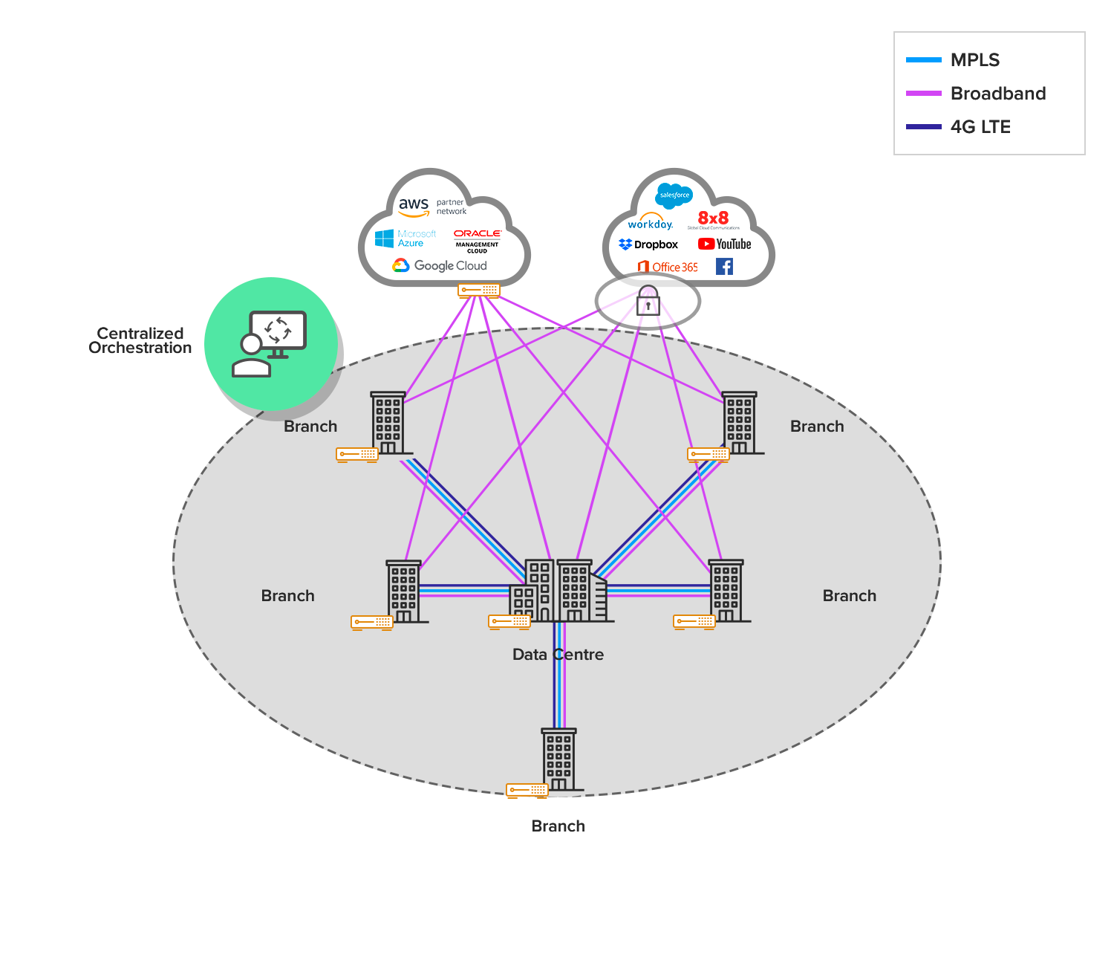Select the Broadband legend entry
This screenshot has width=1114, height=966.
(976, 94)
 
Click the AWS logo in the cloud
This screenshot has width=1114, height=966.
(414, 206)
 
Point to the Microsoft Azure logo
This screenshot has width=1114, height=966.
(405, 239)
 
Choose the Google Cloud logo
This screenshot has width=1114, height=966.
(440, 266)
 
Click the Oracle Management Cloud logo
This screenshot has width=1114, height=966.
(477, 240)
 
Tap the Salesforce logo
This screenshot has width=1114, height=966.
(674, 195)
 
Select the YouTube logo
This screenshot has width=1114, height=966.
(724, 244)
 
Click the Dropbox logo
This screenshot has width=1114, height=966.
(648, 244)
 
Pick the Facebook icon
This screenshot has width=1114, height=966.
(724, 267)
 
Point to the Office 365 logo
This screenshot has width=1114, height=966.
(667, 267)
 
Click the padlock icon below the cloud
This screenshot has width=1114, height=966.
(648, 301)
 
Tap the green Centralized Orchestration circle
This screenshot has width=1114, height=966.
(271, 344)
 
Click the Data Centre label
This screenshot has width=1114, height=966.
(558, 655)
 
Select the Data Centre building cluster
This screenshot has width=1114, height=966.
(558, 591)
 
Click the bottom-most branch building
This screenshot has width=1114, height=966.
(558, 759)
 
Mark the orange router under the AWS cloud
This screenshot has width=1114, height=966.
(479, 290)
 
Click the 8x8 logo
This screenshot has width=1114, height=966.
(713, 218)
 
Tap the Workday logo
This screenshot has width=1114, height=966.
(650, 223)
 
